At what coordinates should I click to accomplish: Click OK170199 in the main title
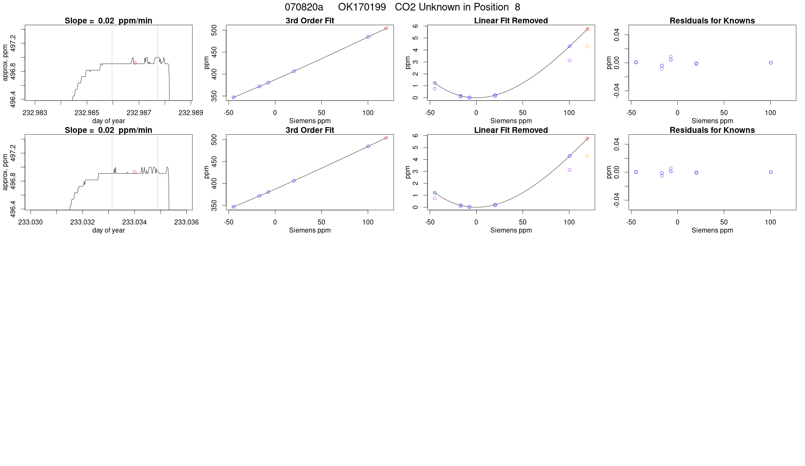coord(362,7)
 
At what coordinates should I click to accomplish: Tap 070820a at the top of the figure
coord(304,7)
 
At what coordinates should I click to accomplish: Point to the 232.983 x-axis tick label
coord(35,113)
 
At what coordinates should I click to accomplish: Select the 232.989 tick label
coord(191,113)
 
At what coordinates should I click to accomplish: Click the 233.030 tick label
coord(31,222)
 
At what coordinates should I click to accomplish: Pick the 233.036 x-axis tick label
coord(186,222)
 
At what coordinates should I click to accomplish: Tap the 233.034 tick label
coord(134,222)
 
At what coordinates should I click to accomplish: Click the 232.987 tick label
coord(139,113)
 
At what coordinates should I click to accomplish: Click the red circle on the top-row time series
coord(135,63)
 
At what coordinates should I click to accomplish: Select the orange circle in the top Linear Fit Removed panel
coord(587,46)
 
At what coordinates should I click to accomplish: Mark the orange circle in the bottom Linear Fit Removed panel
coord(587,156)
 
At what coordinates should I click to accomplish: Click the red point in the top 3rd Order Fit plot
coord(386,28)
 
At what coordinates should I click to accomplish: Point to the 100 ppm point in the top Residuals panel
coord(771,63)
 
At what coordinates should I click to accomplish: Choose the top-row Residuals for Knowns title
coord(712,21)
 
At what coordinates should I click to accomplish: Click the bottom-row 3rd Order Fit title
coord(310,130)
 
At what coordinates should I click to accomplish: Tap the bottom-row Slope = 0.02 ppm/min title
coord(108,130)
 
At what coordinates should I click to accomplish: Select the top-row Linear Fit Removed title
coord(511,21)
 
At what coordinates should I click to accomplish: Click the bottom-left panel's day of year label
coord(108,230)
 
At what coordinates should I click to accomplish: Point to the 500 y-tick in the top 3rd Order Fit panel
coord(214,30)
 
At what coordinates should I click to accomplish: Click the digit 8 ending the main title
coord(517,7)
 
